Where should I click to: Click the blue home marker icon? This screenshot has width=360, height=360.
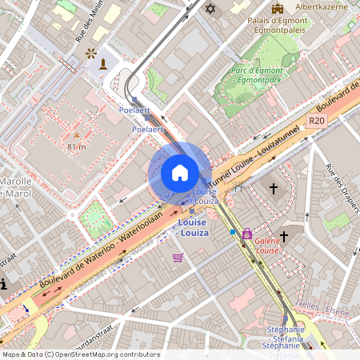pyautogui.click(x=180, y=173)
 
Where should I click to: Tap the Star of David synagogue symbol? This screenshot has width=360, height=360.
pyautogui.click(x=211, y=9)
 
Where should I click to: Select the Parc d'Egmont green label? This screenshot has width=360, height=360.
pyautogui.click(x=258, y=74)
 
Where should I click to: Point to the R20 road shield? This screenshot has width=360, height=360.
pyautogui.click(x=318, y=121)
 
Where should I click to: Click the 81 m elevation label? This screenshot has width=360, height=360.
pyautogui.click(x=77, y=146)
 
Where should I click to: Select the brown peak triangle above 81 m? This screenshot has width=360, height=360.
pyautogui.click(x=77, y=135)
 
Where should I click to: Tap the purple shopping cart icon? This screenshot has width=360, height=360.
pyautogui.click(x=178, y=258)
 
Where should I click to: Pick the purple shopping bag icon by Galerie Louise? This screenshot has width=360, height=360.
pyautogui.click(x=246, y=234)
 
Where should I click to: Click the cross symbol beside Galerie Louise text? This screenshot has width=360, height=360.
pyautogui.click(x=282, y=237)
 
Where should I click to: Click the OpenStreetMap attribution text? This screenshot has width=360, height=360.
pyautogui.click(x=80, y=354)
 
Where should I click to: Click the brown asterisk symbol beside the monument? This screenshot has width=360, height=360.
pyautogui.click(x=90, y=54)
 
